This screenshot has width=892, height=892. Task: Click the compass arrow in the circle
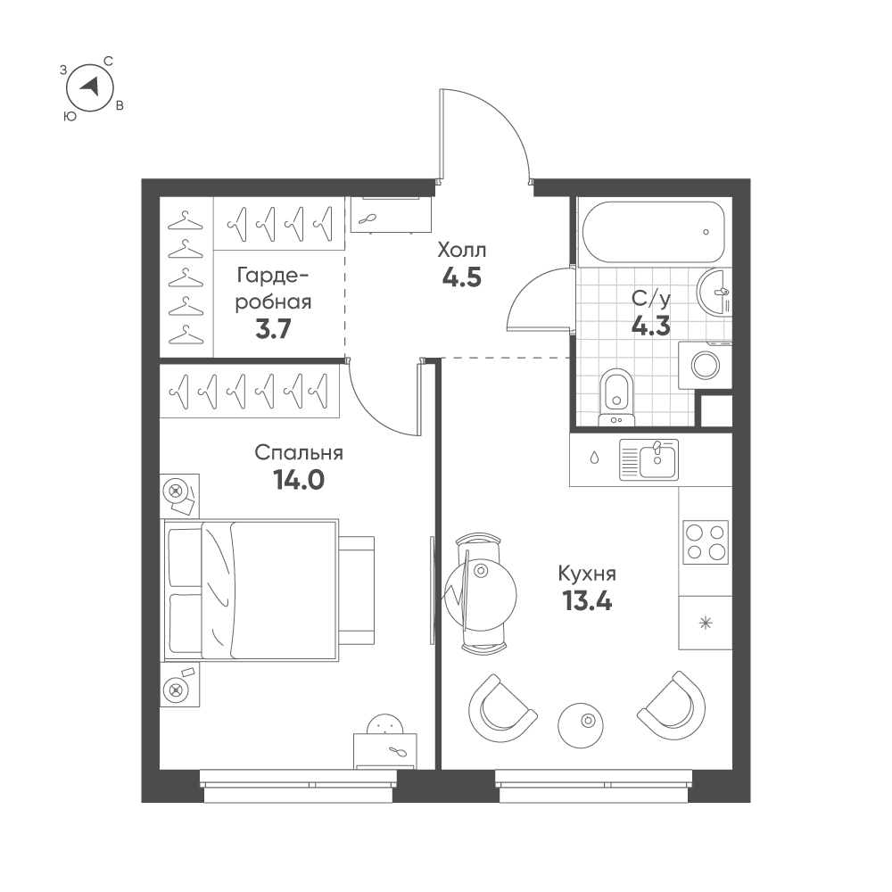click(x=90, y=86)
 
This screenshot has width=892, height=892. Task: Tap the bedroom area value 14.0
click(x=299, y=480)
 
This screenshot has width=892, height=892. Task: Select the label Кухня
click(x=587, y=574)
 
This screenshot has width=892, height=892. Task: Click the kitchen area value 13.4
click(x=587, y=600)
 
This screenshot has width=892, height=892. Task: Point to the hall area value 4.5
click(x=461, y=277)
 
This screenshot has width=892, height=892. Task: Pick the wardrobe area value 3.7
click(x=273, y=329)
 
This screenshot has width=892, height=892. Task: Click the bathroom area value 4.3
click(x=650, y=326)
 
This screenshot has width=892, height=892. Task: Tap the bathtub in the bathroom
click(x=653, y=232)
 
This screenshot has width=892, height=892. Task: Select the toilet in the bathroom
click(x=616, y=397)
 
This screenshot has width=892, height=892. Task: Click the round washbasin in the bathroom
click(x=714, y=292)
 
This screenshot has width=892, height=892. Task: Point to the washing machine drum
click(x=705, y=365)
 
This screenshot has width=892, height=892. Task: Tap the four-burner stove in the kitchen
click(x=706, y=541)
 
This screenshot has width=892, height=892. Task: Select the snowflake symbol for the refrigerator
click(x=706, y=624)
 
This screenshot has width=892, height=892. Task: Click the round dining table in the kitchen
click(x=481, y=595)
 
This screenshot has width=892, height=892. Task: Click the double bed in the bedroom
click(x=252, y=590)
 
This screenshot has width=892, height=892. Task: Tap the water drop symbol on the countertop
click(x=594, y=458)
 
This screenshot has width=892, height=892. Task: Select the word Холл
click(x=461, y=251)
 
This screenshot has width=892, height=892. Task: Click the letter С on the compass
click(x=108, y=61)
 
